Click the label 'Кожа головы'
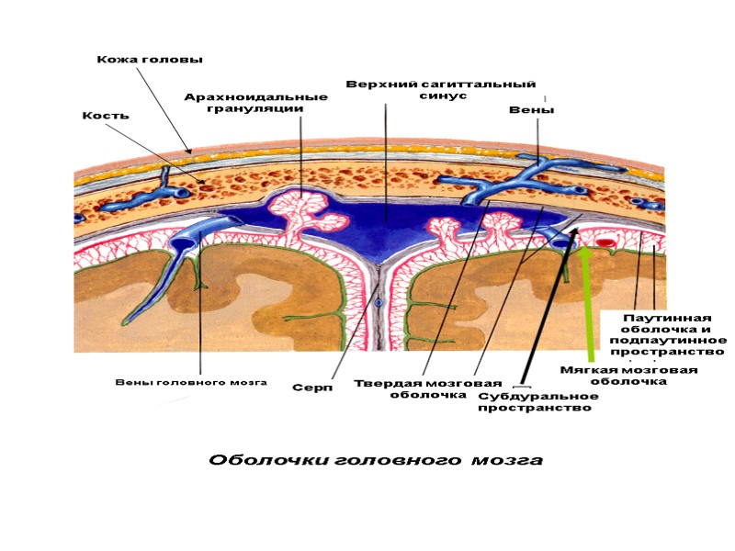pos(149,60)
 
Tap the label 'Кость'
pos(106,116)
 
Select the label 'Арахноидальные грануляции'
pos(255,102)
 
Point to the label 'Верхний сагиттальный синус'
pos(440,89)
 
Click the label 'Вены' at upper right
pos(531,110)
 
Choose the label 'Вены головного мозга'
pos(191,382)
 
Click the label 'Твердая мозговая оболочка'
pos(428,388)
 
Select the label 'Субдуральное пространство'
pos(537,401)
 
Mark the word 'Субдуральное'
pos(537,396)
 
